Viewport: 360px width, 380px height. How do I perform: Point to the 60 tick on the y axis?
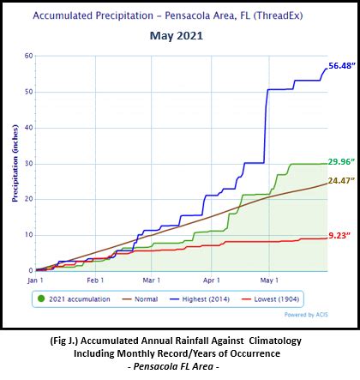[28, 56]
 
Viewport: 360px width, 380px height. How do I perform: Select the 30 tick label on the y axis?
[28, 163]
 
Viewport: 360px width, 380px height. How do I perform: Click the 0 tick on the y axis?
[30, 270]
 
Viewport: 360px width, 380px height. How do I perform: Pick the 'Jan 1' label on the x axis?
[35, 280]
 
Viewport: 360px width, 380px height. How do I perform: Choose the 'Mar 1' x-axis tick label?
[151, 280]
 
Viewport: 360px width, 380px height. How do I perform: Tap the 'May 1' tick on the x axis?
[269, 280]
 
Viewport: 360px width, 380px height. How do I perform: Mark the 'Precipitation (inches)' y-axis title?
[15, 164]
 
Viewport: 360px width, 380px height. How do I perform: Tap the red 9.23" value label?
[339, 235]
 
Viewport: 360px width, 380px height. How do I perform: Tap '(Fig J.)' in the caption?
[69, 341]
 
